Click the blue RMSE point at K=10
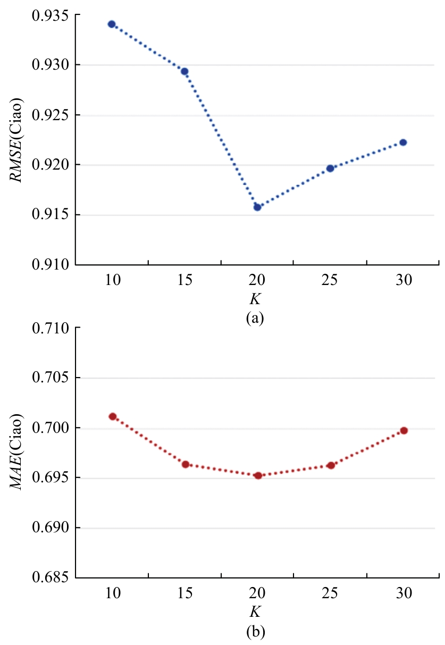pyautogui.click(x=112, y=24)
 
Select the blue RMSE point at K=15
pyautogui.click(x=184, y=71)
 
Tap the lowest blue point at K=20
pyautogui.click(x=257, y=207)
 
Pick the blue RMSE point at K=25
pyautogui.click(x=330, y=168)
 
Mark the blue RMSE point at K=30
pyautogui.click(x=403, y=142)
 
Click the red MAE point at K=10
pyautogui.click(x=113, y=416)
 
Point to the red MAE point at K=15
pyautogui.click(x=186, y=464)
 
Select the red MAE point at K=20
pyautogui.click(x=258, y=475)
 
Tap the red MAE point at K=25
pyautogui.click(x=331, y=465)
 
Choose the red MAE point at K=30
pyautogui.click(x=404, y=430)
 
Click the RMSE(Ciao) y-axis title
pyautogui.click(x=19, y=140)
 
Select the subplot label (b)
pyautogui.click(x=255, y=632)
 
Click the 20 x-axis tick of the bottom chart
pyautogui.click(x=257, y=595)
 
